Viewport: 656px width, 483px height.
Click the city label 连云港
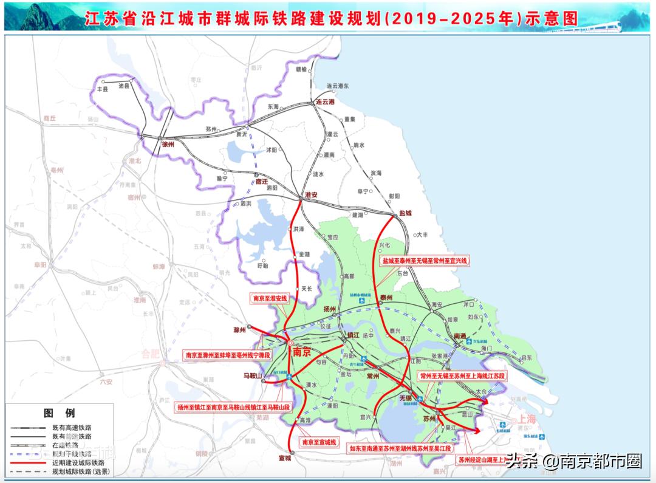(x=326, y=101)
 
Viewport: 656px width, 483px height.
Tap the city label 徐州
(x=168, y=145)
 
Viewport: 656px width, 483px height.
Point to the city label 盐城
(x=405, y=213)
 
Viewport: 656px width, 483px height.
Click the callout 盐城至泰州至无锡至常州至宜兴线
(x=425, y=260)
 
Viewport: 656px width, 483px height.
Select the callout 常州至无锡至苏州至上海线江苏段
(x=462, y=376)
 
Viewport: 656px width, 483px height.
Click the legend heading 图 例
(x=60, y=413)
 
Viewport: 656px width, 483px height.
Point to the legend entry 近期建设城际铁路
(x=75, y=462)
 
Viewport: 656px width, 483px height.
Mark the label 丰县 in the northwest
(x=102, y=89)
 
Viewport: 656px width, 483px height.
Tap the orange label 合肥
(x=149, y=353)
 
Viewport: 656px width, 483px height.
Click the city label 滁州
(x=239, y=331)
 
